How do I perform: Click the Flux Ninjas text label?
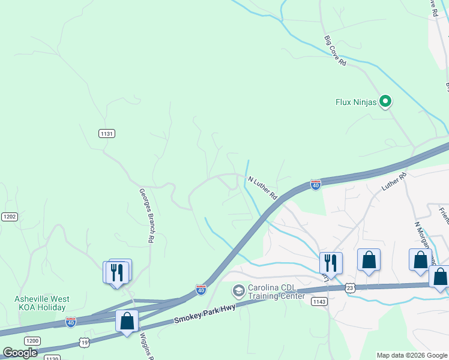[x=356, y=102]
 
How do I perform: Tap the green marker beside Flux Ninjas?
[x=386, y=102]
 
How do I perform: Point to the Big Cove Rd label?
[x=336, y=50]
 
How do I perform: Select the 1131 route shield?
[x=107, y=133]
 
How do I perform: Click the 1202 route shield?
[x=9, y=217]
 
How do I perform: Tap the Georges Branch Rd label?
[x=147, y=216]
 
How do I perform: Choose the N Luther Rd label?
[x=263, y=187]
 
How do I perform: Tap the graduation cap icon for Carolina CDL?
[x=239, y=291]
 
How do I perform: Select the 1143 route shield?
[x=319, y=301]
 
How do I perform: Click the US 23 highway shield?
[x=351, y=289]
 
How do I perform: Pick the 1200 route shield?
[x=32, y=341]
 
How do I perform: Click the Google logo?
[x=20, y=353]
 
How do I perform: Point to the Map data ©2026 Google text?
[x=412, y=355]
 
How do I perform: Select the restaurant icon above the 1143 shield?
[x=331, y=262]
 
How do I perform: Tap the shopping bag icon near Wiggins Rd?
[x=127, y=320]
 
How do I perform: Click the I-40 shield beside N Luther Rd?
[x=315, y=185]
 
